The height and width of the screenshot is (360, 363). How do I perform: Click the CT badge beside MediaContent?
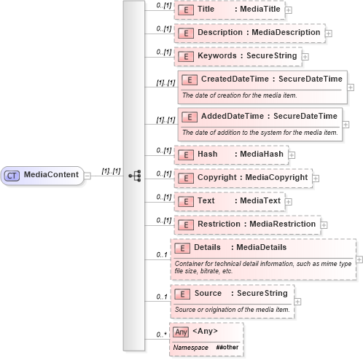click(12, 175)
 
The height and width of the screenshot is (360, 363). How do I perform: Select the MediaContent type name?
click(52, 175)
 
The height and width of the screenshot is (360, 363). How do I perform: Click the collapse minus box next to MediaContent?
click(87, 175)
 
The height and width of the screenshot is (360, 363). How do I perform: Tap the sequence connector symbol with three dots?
click(134, 176)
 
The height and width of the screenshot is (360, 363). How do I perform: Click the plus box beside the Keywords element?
click(304, 55)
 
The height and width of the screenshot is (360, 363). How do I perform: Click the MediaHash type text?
click(259, 154)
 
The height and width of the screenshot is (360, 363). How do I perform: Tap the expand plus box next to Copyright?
click(316, 178)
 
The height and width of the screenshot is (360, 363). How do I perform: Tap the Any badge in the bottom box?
click(181, 332)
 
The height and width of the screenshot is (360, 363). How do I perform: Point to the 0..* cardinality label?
click(161, 334)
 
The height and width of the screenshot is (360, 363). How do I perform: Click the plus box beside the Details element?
click(359, 259)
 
